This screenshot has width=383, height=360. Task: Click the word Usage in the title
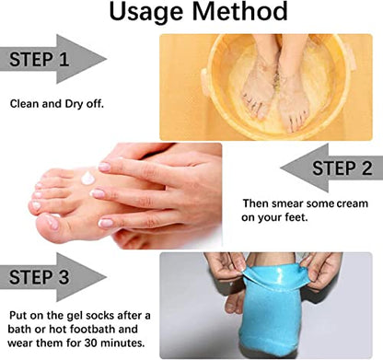(147, 12)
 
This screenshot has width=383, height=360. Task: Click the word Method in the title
(240, 11)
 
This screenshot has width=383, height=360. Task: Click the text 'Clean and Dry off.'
(57, 104)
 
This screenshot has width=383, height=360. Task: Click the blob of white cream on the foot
(88, 179)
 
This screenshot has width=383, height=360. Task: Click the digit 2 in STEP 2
(366, 168)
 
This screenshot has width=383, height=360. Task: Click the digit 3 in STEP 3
(63, 277)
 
